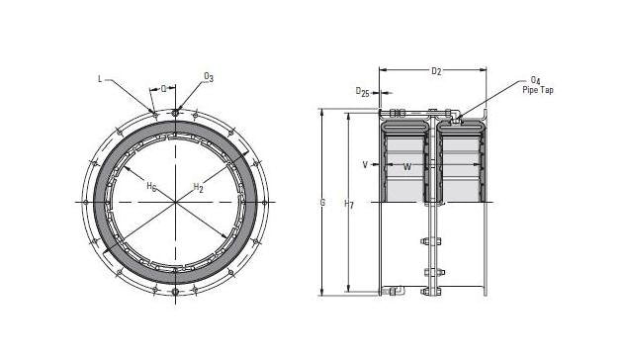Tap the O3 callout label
(x=209, y=75)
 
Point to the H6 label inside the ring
(x=151, y=186)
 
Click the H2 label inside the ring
(x=198, y=187)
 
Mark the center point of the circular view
(x=176, y=203)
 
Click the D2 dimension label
(x=435, y=72)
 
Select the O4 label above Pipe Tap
(x=535, y=79)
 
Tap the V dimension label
(x=365, y=165)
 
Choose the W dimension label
(x=406, y=166)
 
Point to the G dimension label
(x=322, y=203)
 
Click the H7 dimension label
(x=348, y=203)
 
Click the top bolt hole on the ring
(x=176, y=112)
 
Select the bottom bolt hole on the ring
(x=176, y=294)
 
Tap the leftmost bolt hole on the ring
(x=86, y=203)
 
